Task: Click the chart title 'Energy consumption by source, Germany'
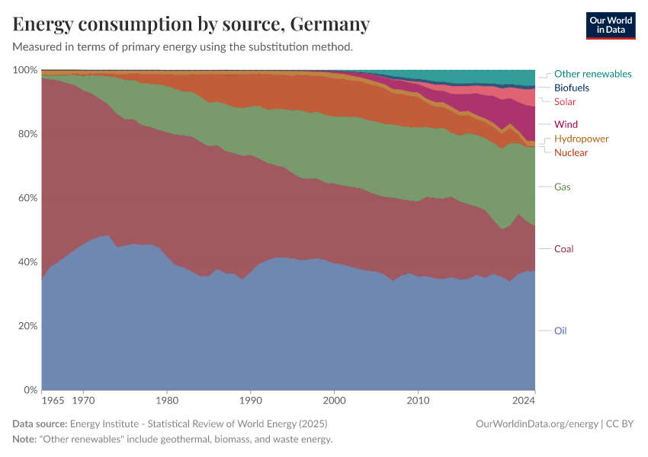[x=191, y=24]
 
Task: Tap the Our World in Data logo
[x=610, y=25]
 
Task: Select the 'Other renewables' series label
[x=592, y=74]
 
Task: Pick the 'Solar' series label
[x=565, y=101]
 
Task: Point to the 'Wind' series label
[x=566, y=124]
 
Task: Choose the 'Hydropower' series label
[x=581, y=139]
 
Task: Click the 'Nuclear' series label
[x=571, y=152]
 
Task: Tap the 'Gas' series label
[x=563, y=187]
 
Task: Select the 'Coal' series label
[x=564, y=249]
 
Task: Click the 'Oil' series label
[x=560, y=331]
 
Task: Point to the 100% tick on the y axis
[x=25, y=70]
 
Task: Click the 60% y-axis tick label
[x=27, y=198]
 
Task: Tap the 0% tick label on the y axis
[x=30, y=390]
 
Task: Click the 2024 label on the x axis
[x=524, y=399]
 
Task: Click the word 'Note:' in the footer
[x=26, y=439]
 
